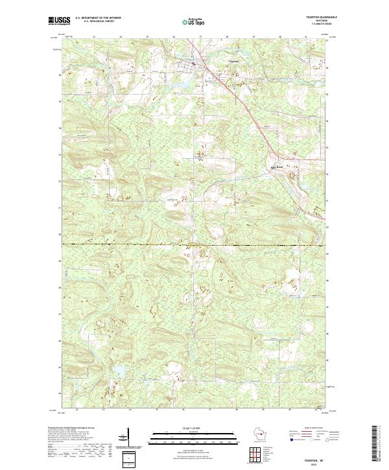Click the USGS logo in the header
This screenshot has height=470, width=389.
coord(58,21)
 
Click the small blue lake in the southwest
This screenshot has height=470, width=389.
coord(119,372)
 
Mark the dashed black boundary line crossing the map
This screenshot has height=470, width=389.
coord(194,245)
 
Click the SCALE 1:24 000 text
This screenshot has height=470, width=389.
coord(194,428)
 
